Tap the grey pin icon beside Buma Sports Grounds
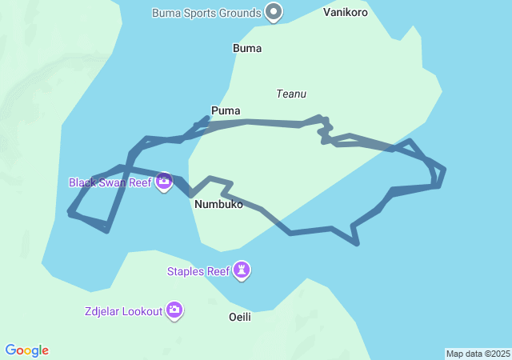pos(274,12)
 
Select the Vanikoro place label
pos(346,13)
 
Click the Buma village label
pos(247,49)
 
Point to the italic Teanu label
pos(291,94)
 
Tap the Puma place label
pos(226,110)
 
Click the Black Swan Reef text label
pos(110,182)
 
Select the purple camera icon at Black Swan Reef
pos(164,182)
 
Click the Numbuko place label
pos(218,205)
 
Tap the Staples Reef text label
pos(198,271)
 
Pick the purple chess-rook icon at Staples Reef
pos(242,271)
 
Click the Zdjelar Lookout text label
pos(122,310)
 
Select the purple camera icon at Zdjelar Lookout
pos(174,310)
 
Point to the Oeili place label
pos(240,318)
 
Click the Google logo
pos(27,350)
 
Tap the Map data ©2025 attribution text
pos(478,354)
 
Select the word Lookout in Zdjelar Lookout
pos(142,310)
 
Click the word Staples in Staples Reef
pos(186,271)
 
